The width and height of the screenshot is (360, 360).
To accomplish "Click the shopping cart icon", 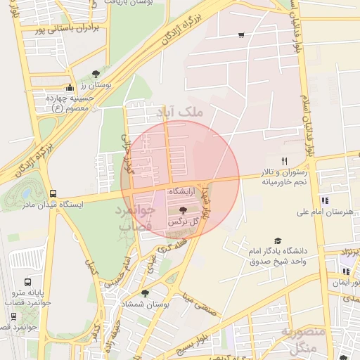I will coord(241,34).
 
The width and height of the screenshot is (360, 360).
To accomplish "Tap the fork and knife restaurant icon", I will coord(284,161).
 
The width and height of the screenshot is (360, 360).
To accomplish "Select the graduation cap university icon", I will coord(278,240).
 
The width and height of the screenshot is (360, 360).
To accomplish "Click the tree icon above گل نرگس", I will coord(184,210).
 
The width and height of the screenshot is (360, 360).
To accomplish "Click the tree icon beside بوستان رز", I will coord(96,73).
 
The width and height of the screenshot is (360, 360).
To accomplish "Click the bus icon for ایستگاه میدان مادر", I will coord(53,193).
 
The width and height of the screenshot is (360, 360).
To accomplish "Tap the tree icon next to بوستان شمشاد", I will coord(145,293).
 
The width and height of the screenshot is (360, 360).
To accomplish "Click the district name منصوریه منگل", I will coord(304,339).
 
